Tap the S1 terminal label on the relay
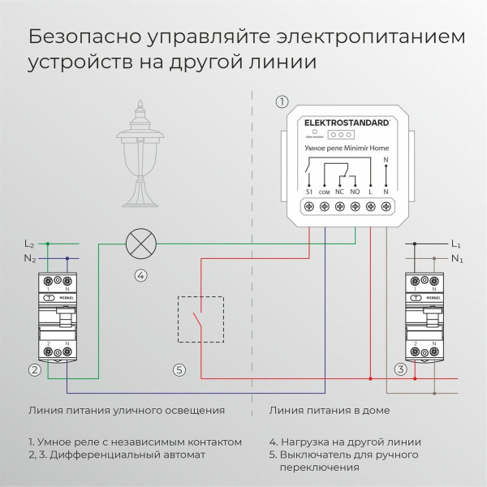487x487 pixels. (x=309, y=191)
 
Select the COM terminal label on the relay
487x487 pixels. (x=325, y=191)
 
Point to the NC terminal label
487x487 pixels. (x=339, y=191)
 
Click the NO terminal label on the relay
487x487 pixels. (x=355, y=191)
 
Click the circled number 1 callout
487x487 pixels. (x=282, y=101)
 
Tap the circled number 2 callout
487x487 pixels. (x=34, y=370)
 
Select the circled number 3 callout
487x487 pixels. (x=400, y=370)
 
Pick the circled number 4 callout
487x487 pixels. (x=140, y=275)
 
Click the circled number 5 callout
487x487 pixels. (x=179, y=370)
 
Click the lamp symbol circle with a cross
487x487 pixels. (x=140, y=243)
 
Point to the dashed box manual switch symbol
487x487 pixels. (x=200, y=318)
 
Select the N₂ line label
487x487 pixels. (x=29, y=259)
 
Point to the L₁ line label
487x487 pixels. (x=455, y=243)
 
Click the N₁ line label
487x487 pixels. (x=455, y=259)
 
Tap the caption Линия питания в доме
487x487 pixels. (x=330, y=411)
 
